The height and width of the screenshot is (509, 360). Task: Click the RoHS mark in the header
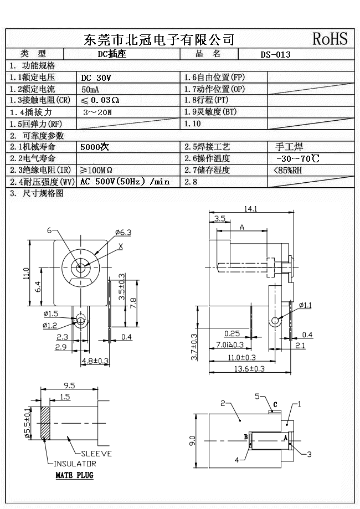pos(330,39)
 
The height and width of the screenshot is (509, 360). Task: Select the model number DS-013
pos(275,55)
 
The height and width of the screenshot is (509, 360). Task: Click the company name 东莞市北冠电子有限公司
pos(158,39)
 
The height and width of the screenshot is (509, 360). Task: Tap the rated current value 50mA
pos(91,89)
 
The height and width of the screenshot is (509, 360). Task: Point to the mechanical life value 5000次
pos(95,147)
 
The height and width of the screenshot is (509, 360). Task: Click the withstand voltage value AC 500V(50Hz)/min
pos(125,182)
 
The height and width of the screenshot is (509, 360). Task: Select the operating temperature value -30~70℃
pos(297,159)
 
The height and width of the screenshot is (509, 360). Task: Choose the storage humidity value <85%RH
pos(288,171)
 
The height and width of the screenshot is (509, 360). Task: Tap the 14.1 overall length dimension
pos(251,209)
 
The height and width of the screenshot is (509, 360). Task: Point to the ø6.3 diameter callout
pos(123,232)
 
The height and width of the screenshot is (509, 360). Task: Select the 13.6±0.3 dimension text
pos(250,369)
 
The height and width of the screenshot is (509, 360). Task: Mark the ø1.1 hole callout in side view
pos(305,305)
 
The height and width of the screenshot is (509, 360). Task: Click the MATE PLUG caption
pos(74,475)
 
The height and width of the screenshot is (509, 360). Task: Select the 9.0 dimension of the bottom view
pos(192,441)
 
